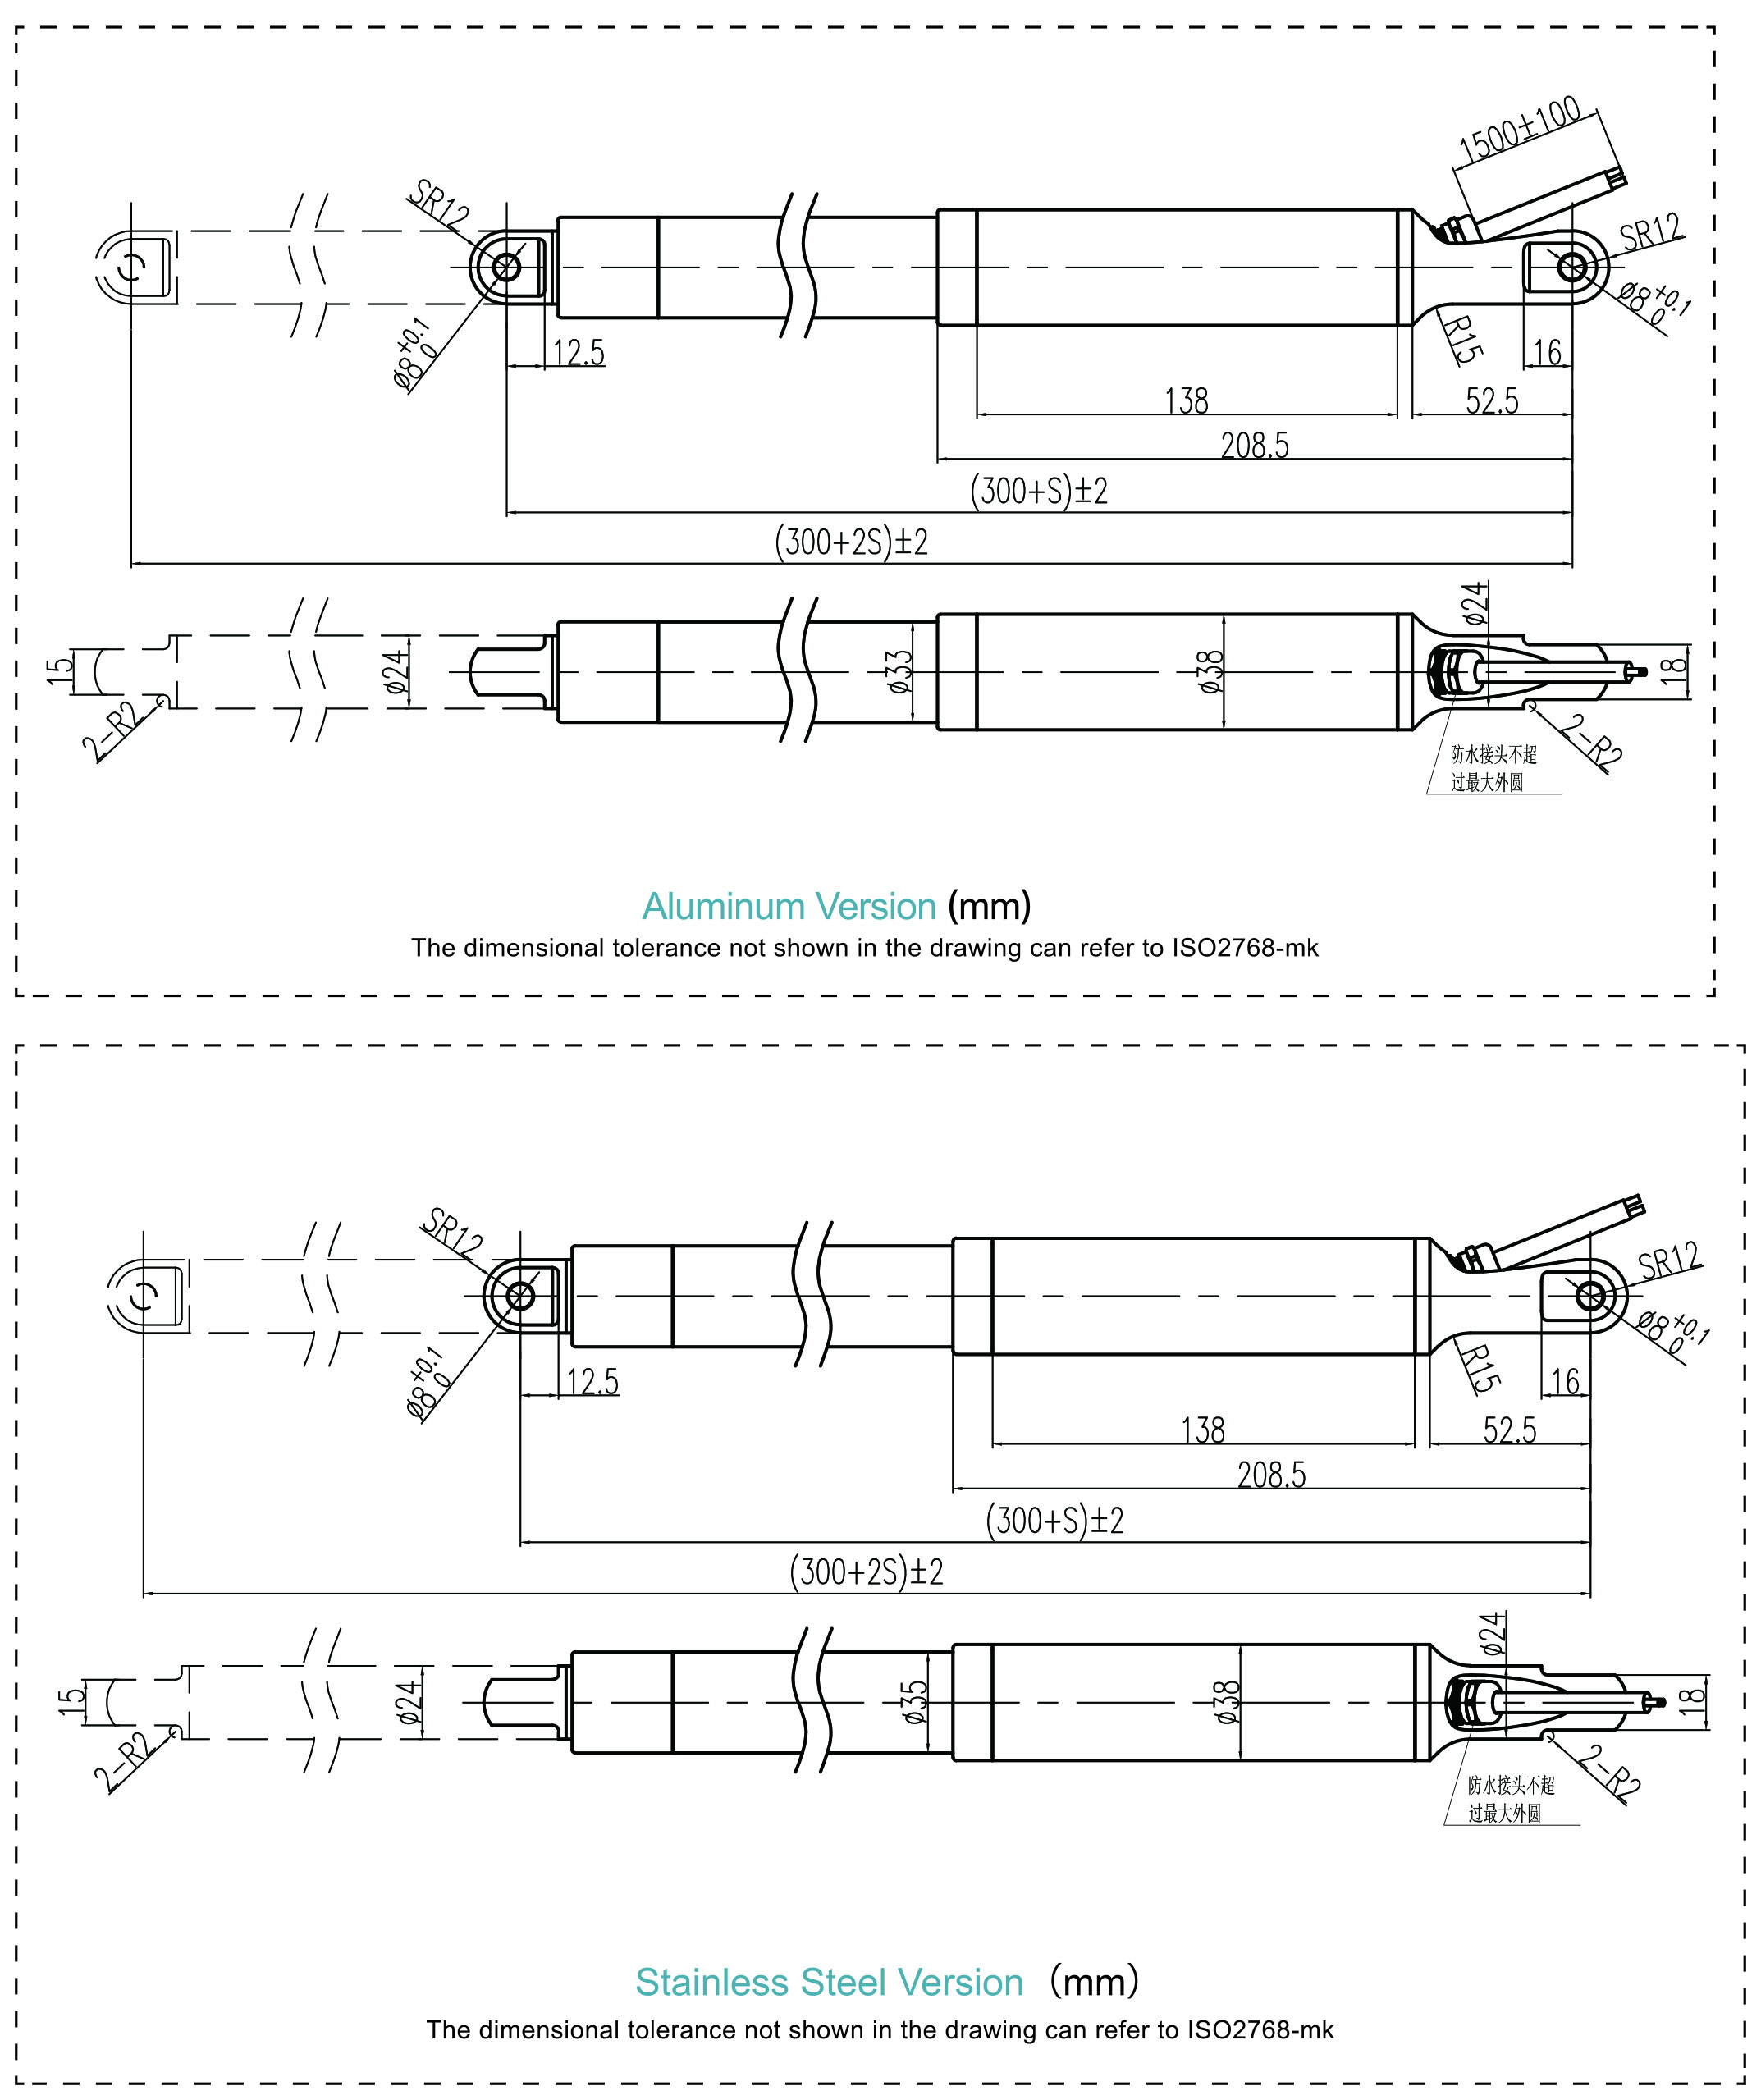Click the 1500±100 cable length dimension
tap(1519, 129)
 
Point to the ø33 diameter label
tap(900, 671)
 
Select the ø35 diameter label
tap(915, 1702)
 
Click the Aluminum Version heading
tap(788, 907)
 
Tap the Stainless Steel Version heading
tap(829, 1982)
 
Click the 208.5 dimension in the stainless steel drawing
tap(1271, 1475)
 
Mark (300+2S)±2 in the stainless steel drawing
tap(866, 1572)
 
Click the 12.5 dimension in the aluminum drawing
tap(579, 353)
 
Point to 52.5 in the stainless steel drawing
tap(1509, 1430)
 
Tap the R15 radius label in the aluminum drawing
tap(1463, 339)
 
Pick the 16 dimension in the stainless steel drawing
tap(1564, 1382)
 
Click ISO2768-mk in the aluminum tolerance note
tap(1245, 948)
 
